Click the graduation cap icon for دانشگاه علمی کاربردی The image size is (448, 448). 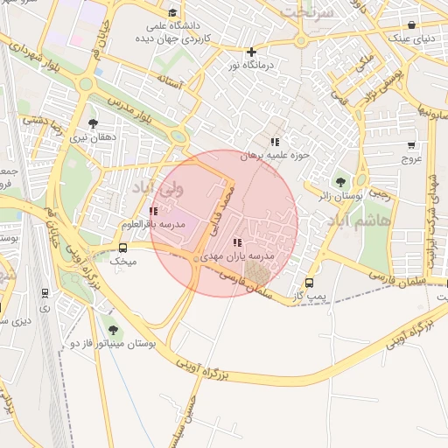click(172, 13)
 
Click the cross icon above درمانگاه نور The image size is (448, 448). click(252, 52)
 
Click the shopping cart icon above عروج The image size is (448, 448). click(411, 145)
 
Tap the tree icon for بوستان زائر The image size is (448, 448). click(340, 182)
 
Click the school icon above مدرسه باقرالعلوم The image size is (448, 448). click(154, 211)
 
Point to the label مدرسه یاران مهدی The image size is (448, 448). click(238, 256)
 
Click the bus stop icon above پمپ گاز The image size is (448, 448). click(309, 283)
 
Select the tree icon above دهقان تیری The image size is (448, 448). click(93, 124)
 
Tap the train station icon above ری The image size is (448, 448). click(45, 294)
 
